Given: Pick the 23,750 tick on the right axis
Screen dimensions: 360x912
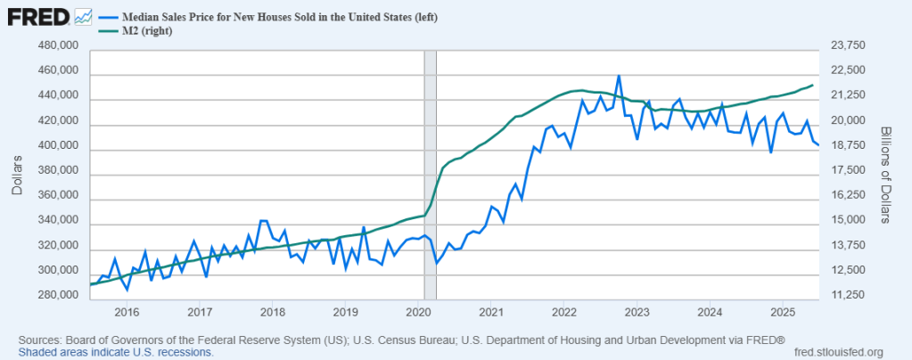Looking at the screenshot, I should (x=847, y=45).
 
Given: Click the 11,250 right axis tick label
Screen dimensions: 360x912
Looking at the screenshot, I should (x=847, y=295).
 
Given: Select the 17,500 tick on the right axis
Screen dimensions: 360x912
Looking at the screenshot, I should (x=847, y=170).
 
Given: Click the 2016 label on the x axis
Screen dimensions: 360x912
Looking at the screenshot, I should (x=127, y=312).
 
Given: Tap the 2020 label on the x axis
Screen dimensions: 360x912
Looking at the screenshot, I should (x=418, y=312).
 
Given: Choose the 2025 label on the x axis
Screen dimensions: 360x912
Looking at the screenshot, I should (x=782, y=312).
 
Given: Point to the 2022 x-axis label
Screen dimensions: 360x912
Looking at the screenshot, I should (x=563, y=312).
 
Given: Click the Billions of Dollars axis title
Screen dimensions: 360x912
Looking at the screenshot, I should (x=886, y=171).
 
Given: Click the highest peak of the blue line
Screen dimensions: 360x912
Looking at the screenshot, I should (x=619, y=77).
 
